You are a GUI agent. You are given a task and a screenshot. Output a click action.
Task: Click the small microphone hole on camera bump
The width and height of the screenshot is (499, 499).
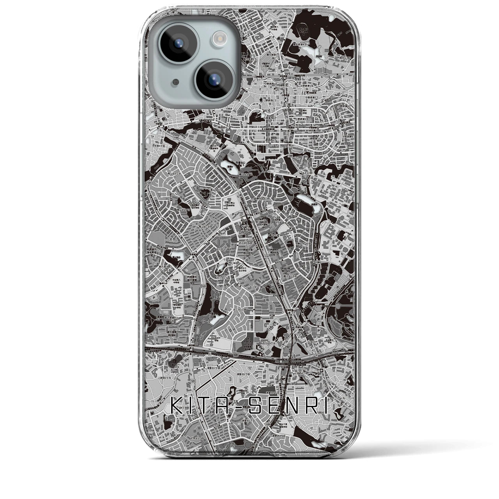[165, 83]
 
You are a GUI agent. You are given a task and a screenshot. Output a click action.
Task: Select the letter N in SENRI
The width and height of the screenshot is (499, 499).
[291, 406]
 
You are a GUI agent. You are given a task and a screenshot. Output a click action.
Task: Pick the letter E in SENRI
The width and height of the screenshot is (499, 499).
[273, 406]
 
